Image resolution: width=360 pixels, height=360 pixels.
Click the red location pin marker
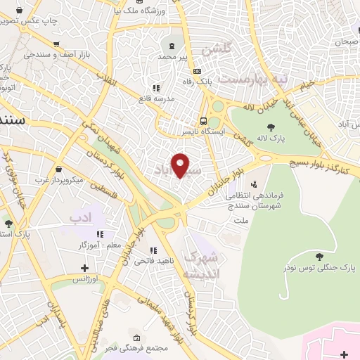point(181,165)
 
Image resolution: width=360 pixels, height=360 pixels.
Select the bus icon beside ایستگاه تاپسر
point(202,120)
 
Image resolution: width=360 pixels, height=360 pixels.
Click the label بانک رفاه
point(214,82)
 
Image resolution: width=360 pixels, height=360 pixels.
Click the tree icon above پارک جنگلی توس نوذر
point(320,256)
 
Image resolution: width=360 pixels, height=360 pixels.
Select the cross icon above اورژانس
point(85,268)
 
